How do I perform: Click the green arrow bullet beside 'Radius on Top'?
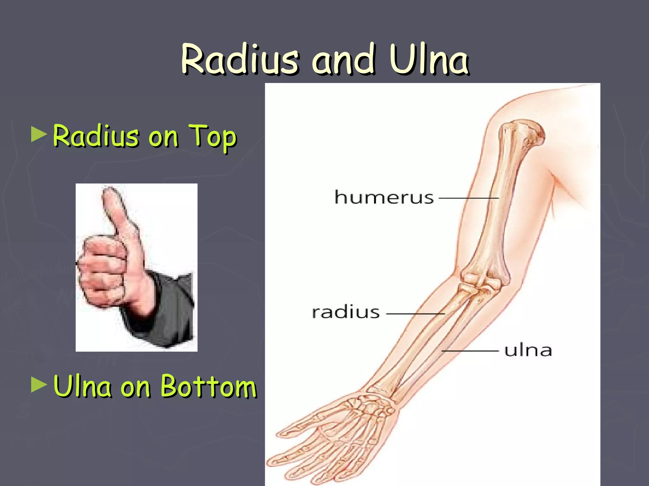click(39, 134)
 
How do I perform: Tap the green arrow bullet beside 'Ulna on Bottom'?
click(39, 384)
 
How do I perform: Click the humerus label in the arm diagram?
click(384, 197)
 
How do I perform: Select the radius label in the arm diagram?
click(346, 313)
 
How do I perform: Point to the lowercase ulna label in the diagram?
click(528, 351)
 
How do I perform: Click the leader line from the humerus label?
click(468, 198)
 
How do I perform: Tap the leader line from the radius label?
click(415, 314)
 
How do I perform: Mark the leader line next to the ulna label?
click(470, 351)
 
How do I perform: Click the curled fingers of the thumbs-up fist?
click(101, 269)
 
